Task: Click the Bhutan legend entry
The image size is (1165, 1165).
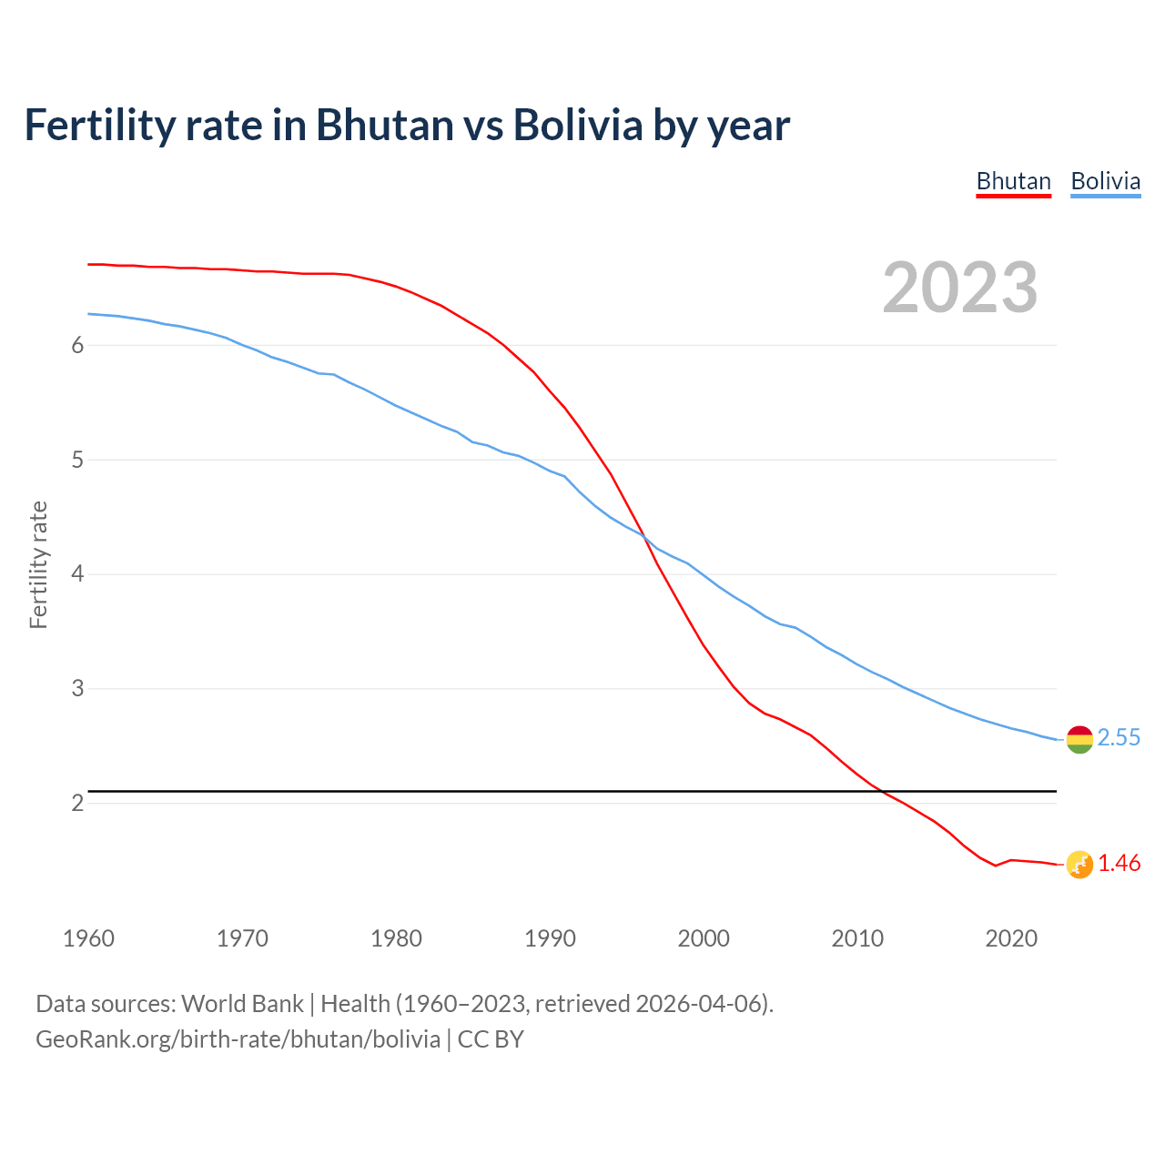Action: [1013, 181]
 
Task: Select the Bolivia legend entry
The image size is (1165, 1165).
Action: [1105, 181]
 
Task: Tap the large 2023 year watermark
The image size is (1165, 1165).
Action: [959, 288]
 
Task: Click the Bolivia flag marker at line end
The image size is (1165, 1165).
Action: [1079, 739]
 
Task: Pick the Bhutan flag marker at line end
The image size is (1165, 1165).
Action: [1079, 865]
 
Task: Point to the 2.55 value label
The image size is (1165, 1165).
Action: [1119, 738]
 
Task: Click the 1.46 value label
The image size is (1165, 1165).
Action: [1119, 864]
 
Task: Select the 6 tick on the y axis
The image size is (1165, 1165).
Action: [77, 346]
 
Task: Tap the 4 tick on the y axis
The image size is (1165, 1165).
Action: [77, 574]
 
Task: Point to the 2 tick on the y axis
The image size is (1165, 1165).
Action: [77, 804]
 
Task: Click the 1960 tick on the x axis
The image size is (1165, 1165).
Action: [88, 938]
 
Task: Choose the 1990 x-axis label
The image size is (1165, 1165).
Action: [550, 938]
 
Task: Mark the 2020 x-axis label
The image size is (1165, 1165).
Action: [1011, 938]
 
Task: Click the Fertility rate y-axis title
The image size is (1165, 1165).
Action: [38, 565]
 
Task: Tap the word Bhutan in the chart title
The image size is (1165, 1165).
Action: [384, 125]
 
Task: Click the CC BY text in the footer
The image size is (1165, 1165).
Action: [491, 1039]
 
